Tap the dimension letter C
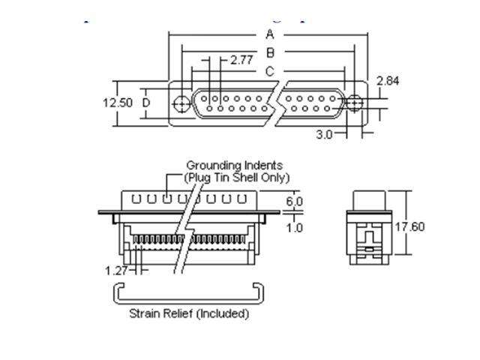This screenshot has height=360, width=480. point(269,71)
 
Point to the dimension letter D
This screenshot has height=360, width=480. point(146,102)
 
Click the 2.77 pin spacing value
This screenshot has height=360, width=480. point(241,60)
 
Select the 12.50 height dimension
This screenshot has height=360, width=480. point(117,102)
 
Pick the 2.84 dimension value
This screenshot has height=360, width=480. point(388,80)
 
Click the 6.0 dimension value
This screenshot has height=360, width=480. point(295,202)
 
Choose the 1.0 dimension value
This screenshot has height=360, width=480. point(295,227)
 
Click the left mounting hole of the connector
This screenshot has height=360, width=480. point(181,103)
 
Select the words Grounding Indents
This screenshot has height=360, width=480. point(235,165)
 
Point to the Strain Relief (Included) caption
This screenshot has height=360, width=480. point(189,313)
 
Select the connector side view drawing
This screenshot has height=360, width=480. point(373,226)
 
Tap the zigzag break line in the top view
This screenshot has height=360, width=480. point(276,103)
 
